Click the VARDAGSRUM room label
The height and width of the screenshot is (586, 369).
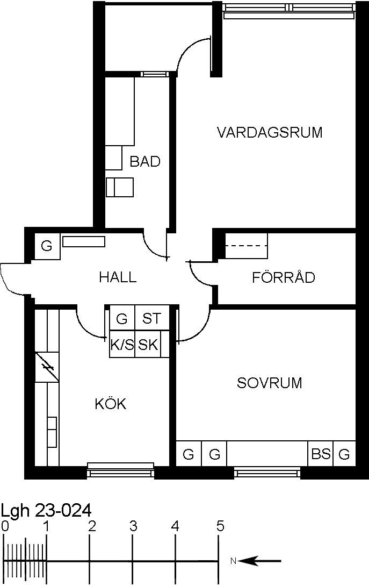coord(269,133)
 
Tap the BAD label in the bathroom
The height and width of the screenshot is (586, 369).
coord(145,161)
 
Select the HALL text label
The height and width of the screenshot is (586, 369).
coord(118,277)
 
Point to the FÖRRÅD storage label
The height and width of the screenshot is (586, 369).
coord(284,277)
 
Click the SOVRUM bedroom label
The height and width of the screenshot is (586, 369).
coord(269,383)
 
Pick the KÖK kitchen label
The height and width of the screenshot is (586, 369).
coord(111,403)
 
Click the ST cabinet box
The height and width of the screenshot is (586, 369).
coord(151,318)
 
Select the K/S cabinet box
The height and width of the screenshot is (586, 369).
coord(122,344)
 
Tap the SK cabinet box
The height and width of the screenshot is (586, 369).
coord(149,344)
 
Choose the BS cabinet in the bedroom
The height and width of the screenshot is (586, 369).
coord(321,454)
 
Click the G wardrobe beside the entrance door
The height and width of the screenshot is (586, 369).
coord(47,246)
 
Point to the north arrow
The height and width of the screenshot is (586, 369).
coord(259,561)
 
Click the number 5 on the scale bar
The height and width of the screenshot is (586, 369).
coord(220,526)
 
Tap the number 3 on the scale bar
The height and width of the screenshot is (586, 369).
coord(133,526)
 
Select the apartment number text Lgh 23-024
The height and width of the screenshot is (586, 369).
coord(46,510)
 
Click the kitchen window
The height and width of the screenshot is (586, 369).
coord(121,470)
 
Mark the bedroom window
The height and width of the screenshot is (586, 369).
coord(267,473)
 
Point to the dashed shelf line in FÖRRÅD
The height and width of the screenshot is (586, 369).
coord(247,246)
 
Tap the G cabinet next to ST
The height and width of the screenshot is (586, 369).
coord(122,318)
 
